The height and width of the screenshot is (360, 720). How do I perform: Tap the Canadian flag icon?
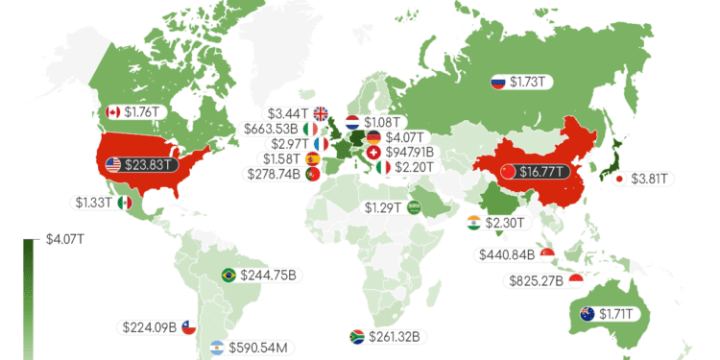coord(112,111)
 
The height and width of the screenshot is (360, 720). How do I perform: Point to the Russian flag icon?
coord(498,83)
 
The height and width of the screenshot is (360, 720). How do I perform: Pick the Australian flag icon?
coord(586,313)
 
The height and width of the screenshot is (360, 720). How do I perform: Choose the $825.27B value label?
coord(537,281)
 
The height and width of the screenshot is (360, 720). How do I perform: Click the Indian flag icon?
coord(472,223)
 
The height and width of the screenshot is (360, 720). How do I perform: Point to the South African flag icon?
coord(356,337)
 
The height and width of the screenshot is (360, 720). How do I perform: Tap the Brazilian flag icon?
coord(228,275)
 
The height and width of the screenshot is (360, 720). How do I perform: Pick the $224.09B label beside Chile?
coord(150,326)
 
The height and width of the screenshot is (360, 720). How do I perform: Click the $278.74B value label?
coord(274,174)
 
